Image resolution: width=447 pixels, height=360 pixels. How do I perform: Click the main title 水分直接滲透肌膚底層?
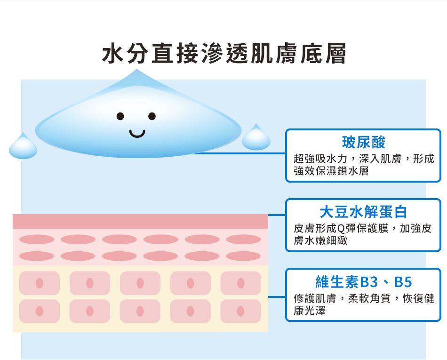click(x=224, y=53)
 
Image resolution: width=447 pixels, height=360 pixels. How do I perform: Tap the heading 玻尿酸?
click(x=363, y=142)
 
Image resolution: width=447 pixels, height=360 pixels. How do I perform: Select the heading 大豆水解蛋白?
click(x=363, y=212)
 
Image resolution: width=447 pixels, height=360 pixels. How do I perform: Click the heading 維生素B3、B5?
click(x=363, y=282)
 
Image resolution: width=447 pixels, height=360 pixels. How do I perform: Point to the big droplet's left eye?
click(x=120, y=116)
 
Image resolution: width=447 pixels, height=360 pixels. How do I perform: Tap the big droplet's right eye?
click(x=152, y=116)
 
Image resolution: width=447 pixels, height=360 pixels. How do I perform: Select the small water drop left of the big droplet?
click(x=23, y=146)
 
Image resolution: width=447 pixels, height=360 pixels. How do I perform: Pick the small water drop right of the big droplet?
click(x=256, y=137)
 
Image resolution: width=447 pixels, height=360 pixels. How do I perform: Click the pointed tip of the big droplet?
click(x=136, y=69)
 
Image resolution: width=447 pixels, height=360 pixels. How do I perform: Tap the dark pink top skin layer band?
click(x=140, y=222)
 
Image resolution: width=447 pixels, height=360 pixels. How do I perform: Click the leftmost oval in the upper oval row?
click(x=37, y=239)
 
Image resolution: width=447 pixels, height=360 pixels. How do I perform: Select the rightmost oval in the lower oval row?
click(x=243, y=256)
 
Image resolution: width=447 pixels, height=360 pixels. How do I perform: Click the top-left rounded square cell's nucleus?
click(x=40, y=283)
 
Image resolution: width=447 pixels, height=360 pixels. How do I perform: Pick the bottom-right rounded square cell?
click(x=241, y=311)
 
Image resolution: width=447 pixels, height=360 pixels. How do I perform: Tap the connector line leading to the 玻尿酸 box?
click(x=239, y=153)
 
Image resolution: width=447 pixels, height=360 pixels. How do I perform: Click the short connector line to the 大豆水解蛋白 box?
click(x=277, y=215)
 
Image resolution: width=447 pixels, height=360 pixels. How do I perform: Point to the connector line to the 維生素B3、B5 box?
click(x=277, y=297)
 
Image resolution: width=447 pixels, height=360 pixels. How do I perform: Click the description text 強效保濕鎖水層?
click(x=331, y=171)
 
